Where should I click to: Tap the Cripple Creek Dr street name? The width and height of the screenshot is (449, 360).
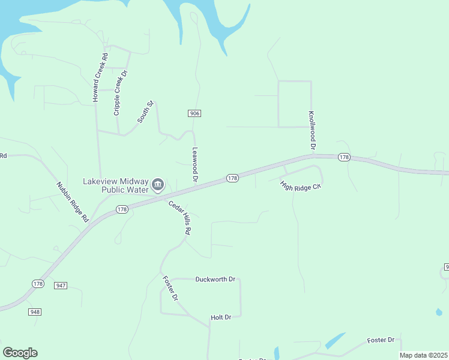(121, 92)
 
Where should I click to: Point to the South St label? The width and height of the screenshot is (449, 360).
(146, 112)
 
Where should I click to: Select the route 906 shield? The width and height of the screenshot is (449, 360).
(194, 113)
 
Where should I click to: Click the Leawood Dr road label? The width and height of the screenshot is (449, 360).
(194, 164)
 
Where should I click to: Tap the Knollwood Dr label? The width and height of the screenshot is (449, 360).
(312, 130)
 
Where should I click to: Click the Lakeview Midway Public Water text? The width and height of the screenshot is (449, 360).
(116, 185)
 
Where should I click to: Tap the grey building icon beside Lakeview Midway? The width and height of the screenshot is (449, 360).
(158, 184)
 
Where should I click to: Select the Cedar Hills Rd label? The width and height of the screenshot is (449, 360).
(179, 217)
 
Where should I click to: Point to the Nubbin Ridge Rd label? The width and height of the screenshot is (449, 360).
(73, 202)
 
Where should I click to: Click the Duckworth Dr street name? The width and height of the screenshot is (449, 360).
(217, 279)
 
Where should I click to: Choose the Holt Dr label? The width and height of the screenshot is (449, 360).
(221, 317)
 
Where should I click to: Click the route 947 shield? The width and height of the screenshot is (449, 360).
(61, 286)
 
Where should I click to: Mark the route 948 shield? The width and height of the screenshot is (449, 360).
(34, 311)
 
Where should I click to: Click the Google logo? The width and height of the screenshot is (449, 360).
(20, 352)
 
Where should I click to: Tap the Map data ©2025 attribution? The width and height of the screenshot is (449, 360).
(423, 355)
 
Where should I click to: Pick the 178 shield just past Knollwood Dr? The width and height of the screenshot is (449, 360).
(343, 157)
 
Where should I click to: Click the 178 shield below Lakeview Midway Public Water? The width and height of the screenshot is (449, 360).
(122, 209)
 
